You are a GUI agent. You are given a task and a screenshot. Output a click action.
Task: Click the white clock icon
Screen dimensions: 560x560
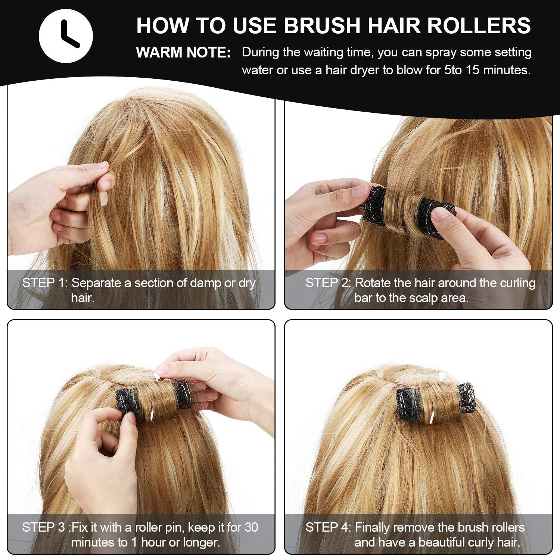66,36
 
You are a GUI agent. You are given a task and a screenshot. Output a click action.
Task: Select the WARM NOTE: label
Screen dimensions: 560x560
183,53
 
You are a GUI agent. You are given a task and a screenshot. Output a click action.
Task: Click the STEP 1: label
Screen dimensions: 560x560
45,283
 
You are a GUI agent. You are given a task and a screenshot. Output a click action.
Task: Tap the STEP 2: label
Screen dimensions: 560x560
328,283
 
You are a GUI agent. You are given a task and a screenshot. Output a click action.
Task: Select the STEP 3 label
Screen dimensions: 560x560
43,527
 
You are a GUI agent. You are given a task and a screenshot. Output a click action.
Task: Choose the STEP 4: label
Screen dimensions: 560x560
328,527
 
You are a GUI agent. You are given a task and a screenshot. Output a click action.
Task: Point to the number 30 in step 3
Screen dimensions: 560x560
251,527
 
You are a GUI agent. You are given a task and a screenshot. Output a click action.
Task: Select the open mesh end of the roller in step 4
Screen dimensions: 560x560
466,396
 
